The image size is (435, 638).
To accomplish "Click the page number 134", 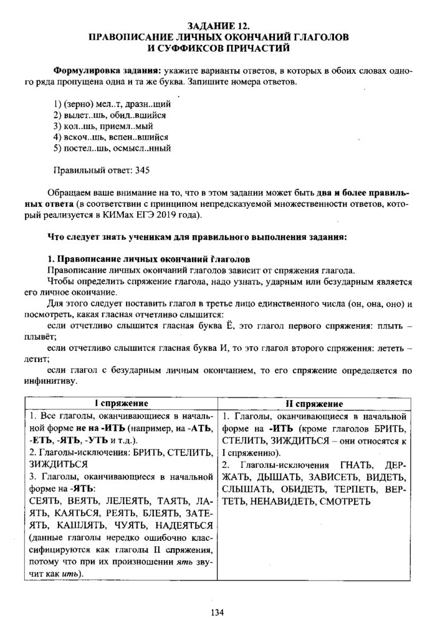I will pyautogui.click(x=217, y=612).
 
